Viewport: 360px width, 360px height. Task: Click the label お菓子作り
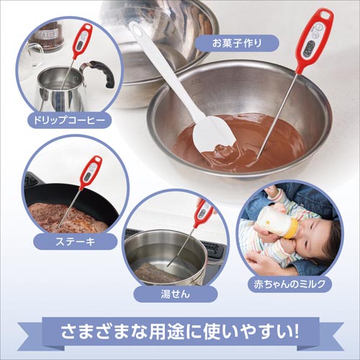tap(237, 43)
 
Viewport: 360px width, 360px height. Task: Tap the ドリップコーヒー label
tap(69, 120)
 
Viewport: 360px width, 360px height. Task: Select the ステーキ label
tap(75, 241)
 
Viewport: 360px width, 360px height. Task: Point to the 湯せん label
tap(176, 294)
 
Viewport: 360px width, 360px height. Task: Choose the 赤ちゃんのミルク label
tap(289, 284)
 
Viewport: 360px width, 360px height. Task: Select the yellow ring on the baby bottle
tap(292, 229)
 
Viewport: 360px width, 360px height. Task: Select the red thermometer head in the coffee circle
tap(82, 40)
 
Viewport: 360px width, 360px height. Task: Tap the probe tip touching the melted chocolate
tap(258, 157)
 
